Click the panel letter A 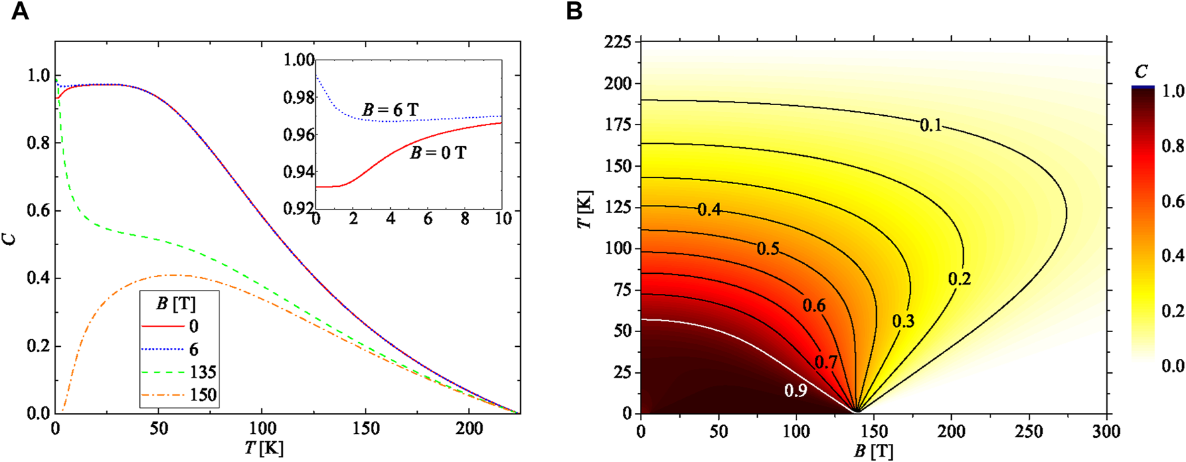click(20, 11)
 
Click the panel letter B click(574, 11)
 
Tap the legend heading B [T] click(176, 304)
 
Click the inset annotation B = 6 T click(390, 109)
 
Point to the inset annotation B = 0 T click(438, 153)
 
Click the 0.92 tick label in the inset click(299, 208)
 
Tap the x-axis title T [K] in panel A click(264, 448)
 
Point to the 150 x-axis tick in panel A click(365, 429)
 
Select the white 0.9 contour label click(795, 390)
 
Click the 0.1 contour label click(930, 125)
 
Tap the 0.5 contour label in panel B click(768, 249)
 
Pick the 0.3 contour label click(903, 321)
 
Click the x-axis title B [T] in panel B click(873, 452)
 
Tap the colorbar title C click(1141, 72)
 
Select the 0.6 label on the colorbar click(1173, 202)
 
